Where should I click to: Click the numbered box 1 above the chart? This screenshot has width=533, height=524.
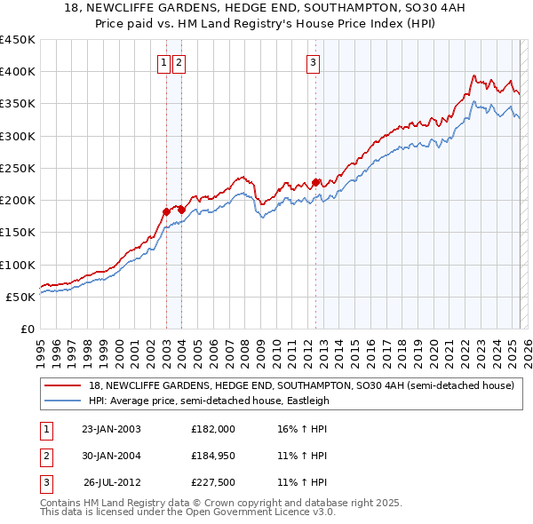(x=165, y=62)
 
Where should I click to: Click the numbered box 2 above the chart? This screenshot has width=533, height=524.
(x=179, y=62)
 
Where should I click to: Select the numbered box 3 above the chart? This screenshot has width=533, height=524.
(x=314, y=62)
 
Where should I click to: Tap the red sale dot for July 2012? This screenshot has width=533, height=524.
(x=316, y=182)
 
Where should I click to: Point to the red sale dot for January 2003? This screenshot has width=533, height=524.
(x=166, y=211)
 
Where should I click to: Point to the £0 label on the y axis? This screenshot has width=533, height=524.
(x=27, y=329)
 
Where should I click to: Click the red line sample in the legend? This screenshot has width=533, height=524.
(x=63, y=385)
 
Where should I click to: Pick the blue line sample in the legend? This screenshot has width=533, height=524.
(x=63, y=401)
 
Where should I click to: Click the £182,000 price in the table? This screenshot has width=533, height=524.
(x=212, y=429)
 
